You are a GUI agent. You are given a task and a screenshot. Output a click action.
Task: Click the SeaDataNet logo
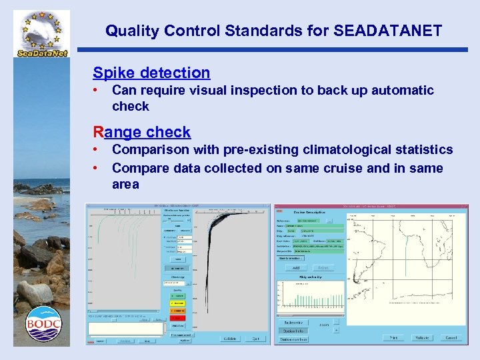(41, 33)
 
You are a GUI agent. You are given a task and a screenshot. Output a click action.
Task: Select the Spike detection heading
(151, 73)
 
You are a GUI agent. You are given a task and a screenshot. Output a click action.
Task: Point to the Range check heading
(142, 132)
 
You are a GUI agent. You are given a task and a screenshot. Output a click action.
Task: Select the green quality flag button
(178, 295)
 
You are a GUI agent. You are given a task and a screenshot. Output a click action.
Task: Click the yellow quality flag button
(178, 303)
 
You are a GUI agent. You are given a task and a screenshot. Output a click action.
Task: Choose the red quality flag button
(178, 318)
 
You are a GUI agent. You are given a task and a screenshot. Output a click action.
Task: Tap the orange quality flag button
(178, 310)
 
